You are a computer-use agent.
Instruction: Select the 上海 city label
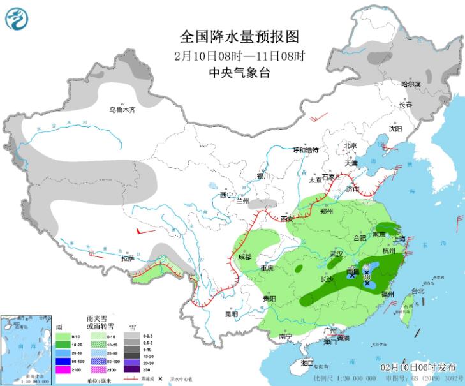pos(400,239)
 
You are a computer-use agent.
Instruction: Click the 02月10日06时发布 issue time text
pos(418,367)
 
